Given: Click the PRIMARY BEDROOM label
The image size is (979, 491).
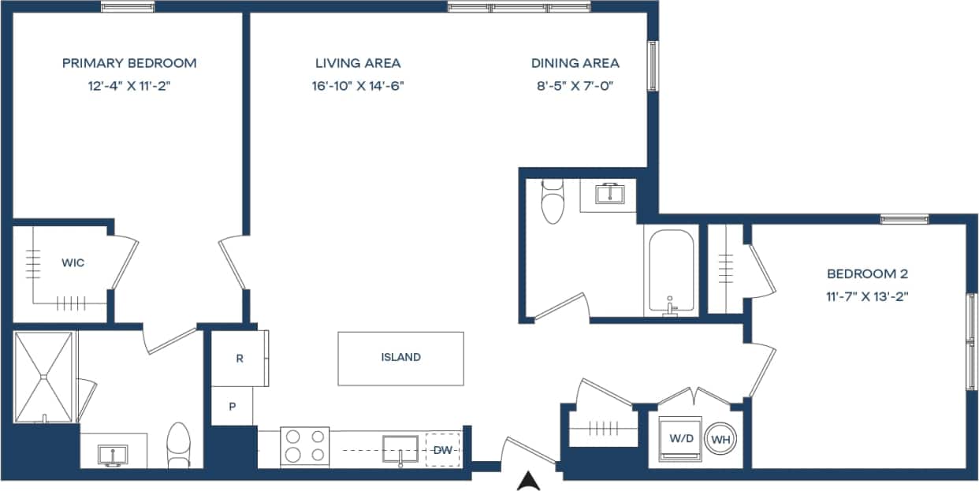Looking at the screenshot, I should pyautogui.click(x=129, y=63).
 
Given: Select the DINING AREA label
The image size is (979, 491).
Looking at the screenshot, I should pyautogui.click(x=575, y=63).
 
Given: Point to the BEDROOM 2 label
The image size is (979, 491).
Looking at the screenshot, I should pyautogui.click(x=867, y=274).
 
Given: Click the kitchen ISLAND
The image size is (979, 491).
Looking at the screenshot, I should pyautogui.click(x=400, y=358).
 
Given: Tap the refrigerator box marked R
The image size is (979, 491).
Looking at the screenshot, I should pyautogui.click(x=240, y=359).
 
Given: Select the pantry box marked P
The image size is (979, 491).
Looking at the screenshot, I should pyautogui.click(x=232, y=407).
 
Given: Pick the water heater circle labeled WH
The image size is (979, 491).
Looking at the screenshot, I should pyautogui.click(x=721, y=440).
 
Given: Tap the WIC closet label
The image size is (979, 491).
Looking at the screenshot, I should pyautogui.click(x=73, y=262).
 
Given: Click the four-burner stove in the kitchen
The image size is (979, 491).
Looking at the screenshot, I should pyautogui.click(x=306, y=446).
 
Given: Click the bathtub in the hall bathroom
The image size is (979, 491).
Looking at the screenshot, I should pyautogui.click(x=671, y=271).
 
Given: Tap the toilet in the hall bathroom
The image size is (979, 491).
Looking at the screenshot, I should pyautogui.click(x=553, y=202).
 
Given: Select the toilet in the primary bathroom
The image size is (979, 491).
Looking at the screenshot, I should pyautogui.click(x=180, y=445).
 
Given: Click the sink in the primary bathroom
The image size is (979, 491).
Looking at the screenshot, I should pyautogui.click(x=114, y=454).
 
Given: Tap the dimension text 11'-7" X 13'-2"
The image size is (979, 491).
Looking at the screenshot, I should pyautogui.click(x=867, y=297).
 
